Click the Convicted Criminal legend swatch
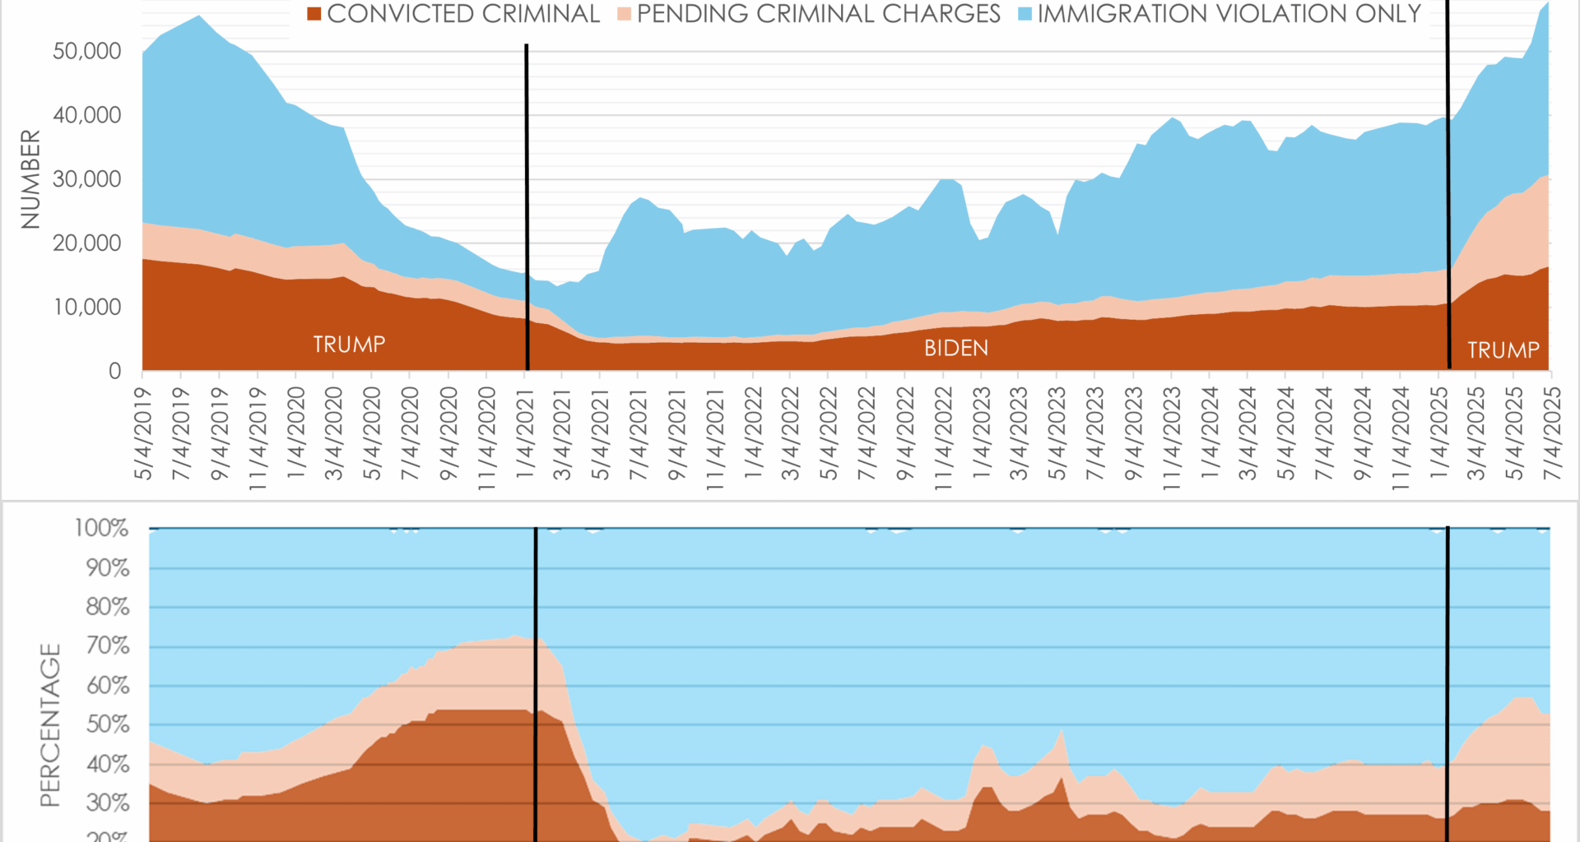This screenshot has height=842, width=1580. pos(314,14)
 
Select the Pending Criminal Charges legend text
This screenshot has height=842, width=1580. pos(818,14)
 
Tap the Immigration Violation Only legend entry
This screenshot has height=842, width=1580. pos(1229,14)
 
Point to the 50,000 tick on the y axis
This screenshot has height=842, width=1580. pos(87,51)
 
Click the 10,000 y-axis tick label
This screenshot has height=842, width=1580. pos(87,308)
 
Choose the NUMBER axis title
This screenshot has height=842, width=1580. pos(30,179)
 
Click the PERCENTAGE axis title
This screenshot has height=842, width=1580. pos(51,724)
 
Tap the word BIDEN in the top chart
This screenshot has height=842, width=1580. pos(956,348)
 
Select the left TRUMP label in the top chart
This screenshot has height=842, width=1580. pos(349,344)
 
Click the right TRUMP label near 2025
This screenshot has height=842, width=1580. pos(1503,350)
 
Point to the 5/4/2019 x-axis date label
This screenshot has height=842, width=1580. pos(143,434)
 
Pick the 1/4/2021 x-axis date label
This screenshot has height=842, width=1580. pos(524,434)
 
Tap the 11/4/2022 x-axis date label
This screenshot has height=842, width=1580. pos(943,439)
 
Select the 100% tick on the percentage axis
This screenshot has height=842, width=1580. pos(102,528)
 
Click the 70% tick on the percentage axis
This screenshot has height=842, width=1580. pos(108,645)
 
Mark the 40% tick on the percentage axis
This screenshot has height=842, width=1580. pos(108,764)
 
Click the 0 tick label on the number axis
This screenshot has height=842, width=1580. pos(115,372)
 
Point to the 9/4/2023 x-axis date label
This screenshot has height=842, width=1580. pos(1133,434)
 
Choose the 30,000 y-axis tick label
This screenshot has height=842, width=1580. pos(87,179)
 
